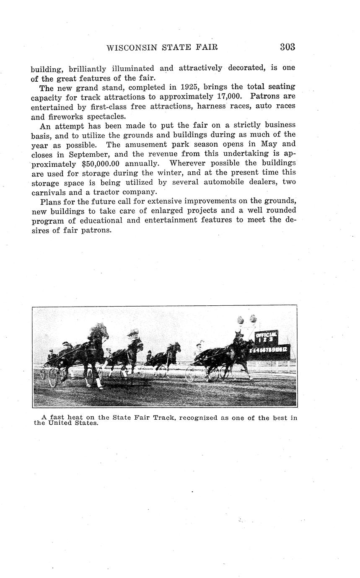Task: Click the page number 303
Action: pyautogui.click(x=287, y=47)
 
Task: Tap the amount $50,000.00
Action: pyautogui.click(x=101, y=163)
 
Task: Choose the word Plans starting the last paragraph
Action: pyautogui.click(x=51, y=201)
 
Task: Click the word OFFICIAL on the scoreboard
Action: pyautogui.click(x=266, y=334)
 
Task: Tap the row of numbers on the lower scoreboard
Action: pyautogui.click(x=269, y=349)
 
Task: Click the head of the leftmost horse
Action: pyautogui.click(x=101, y=331)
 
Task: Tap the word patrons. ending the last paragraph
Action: pyautogui.click(x=97, y=230)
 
